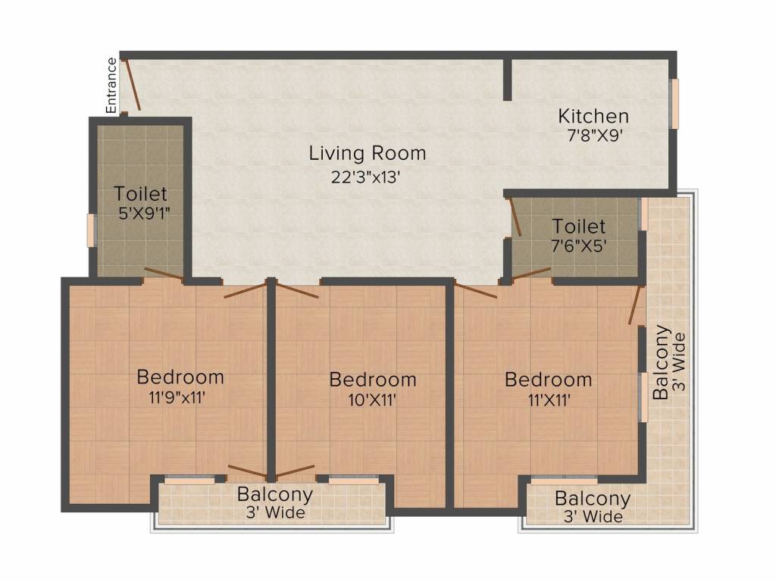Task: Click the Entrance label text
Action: (x=111, y=85)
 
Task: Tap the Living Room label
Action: (x=367, y=153)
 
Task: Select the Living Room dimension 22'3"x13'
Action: (x=365, y=176)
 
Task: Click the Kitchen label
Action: (x=593, y=116)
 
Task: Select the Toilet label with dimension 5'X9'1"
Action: (x=140, y=194)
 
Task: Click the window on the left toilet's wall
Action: (x=91, y=230)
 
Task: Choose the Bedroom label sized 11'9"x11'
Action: (x=180, y=377)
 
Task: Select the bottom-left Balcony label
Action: (x=274, y=494)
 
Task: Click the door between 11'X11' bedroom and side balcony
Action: (x=635, y=305)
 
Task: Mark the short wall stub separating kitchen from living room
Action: (x=508, y=80)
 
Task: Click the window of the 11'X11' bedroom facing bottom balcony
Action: (x=563, y=480)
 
